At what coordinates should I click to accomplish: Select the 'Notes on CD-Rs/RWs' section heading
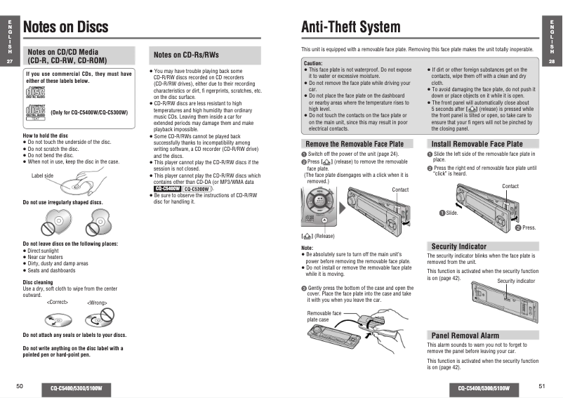[x=186, y=55]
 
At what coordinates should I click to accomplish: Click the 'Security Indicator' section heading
[x=458, y=246]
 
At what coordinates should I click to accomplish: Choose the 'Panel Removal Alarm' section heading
[x=465, y=336]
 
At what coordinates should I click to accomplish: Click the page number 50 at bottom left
[x=20, y=386]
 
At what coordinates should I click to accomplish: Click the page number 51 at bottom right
[x=542, y=386]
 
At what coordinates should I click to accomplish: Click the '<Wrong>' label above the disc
[x=97, y=303]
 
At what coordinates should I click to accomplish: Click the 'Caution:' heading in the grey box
[x=313, y=63]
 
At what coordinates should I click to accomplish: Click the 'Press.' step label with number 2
[x=526, y=227]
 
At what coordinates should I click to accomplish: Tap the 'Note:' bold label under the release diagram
[x=307, y=248]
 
